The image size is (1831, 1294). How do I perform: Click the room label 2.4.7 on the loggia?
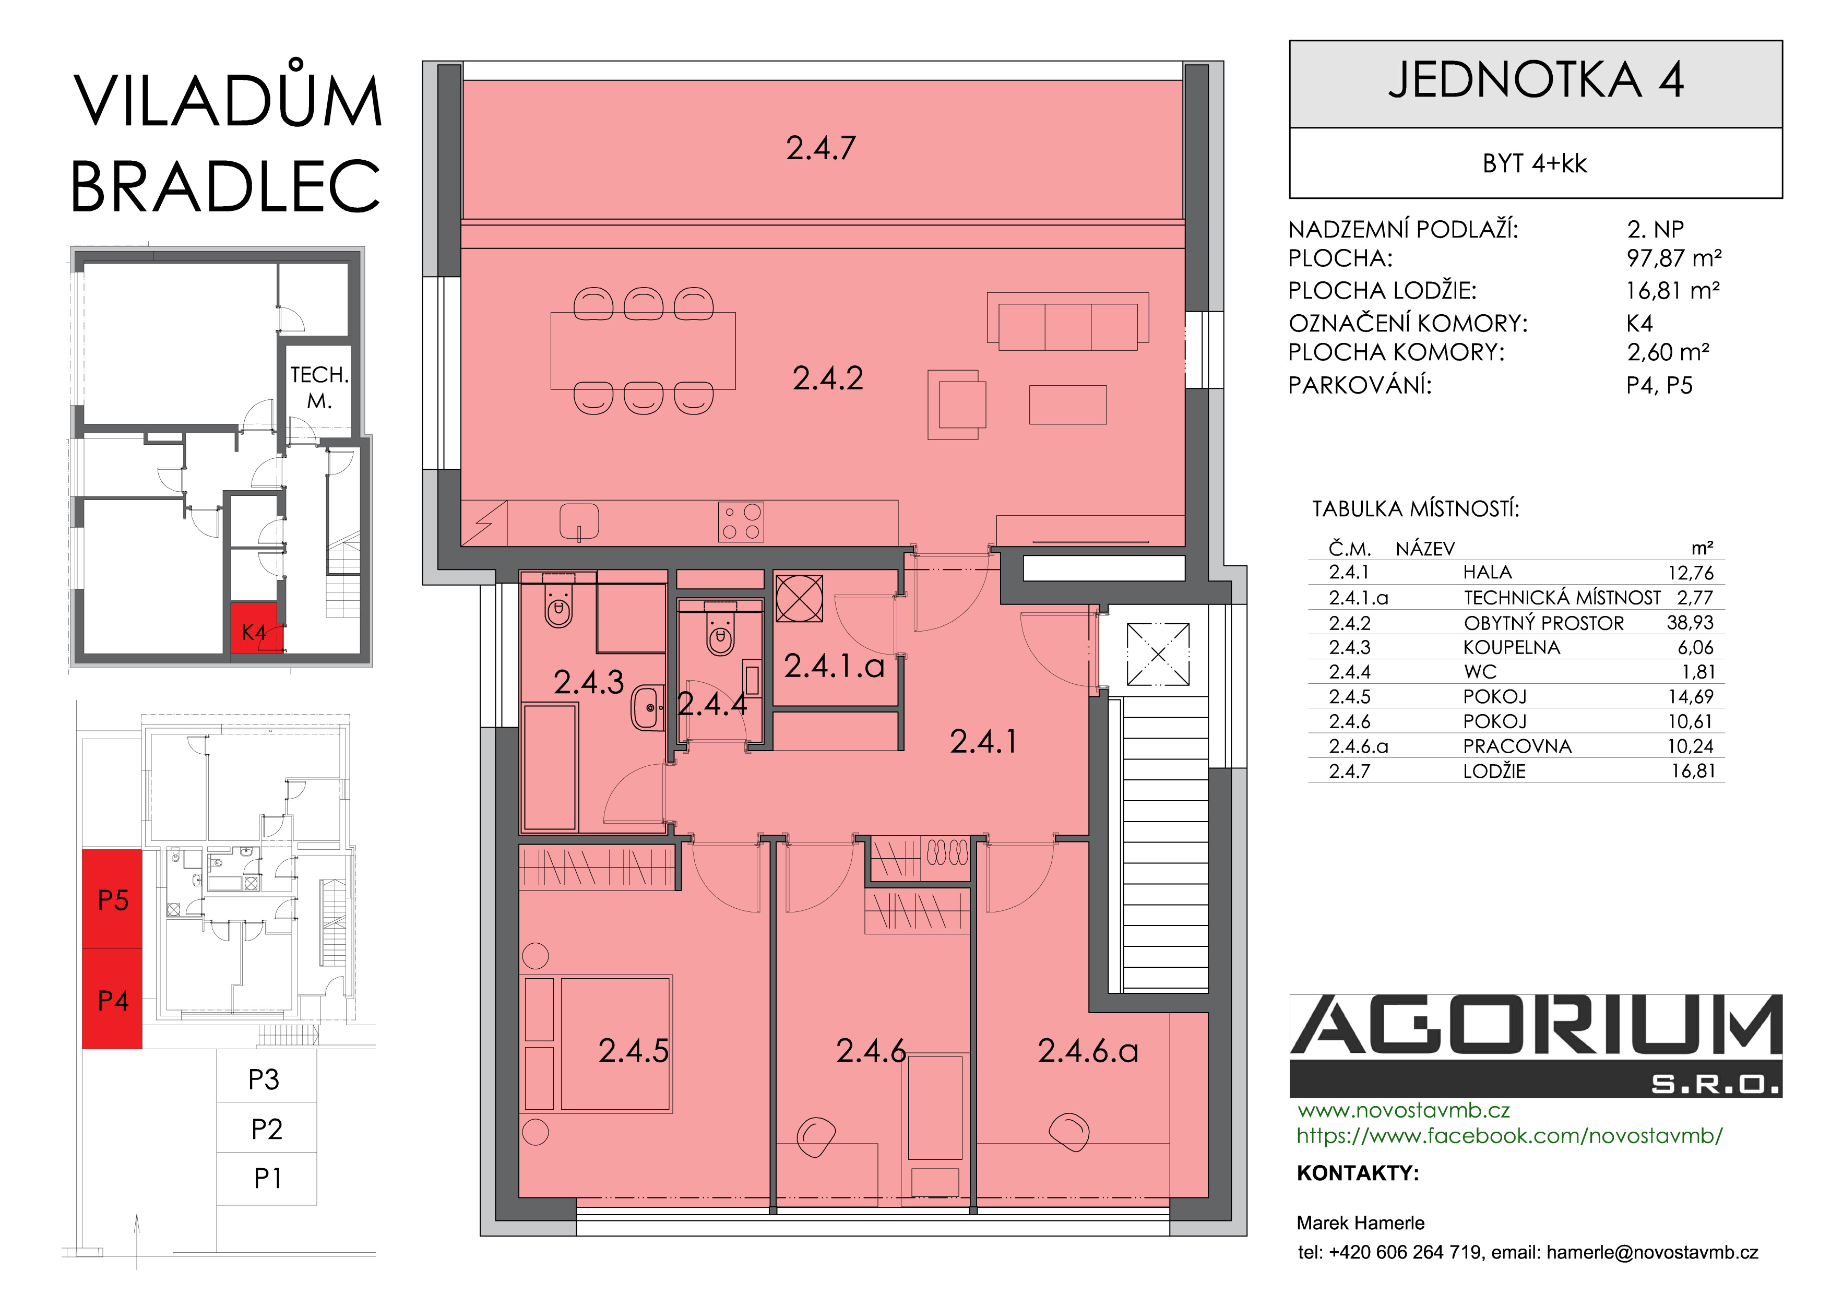821,148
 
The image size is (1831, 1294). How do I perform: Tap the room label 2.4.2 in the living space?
828,378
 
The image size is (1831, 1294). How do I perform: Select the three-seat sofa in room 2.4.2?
1068,322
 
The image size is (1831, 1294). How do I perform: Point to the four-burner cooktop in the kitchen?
741,521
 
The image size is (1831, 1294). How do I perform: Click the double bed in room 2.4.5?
616,1043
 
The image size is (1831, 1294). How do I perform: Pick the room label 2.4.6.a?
1088,1051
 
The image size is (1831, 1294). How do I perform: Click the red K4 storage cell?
254,628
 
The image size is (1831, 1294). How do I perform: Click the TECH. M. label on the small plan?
319,387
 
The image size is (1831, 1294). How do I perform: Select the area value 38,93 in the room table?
1690,623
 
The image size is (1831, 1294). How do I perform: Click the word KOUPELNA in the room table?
1511,647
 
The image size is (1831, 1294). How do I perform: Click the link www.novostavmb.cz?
1404,1110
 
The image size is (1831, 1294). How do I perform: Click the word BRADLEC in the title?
225,186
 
